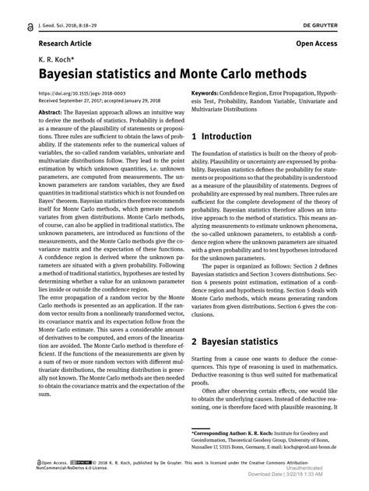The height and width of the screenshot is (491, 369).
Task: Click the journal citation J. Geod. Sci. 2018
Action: point(64,26)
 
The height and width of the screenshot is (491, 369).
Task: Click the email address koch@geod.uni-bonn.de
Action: point(331,447)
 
